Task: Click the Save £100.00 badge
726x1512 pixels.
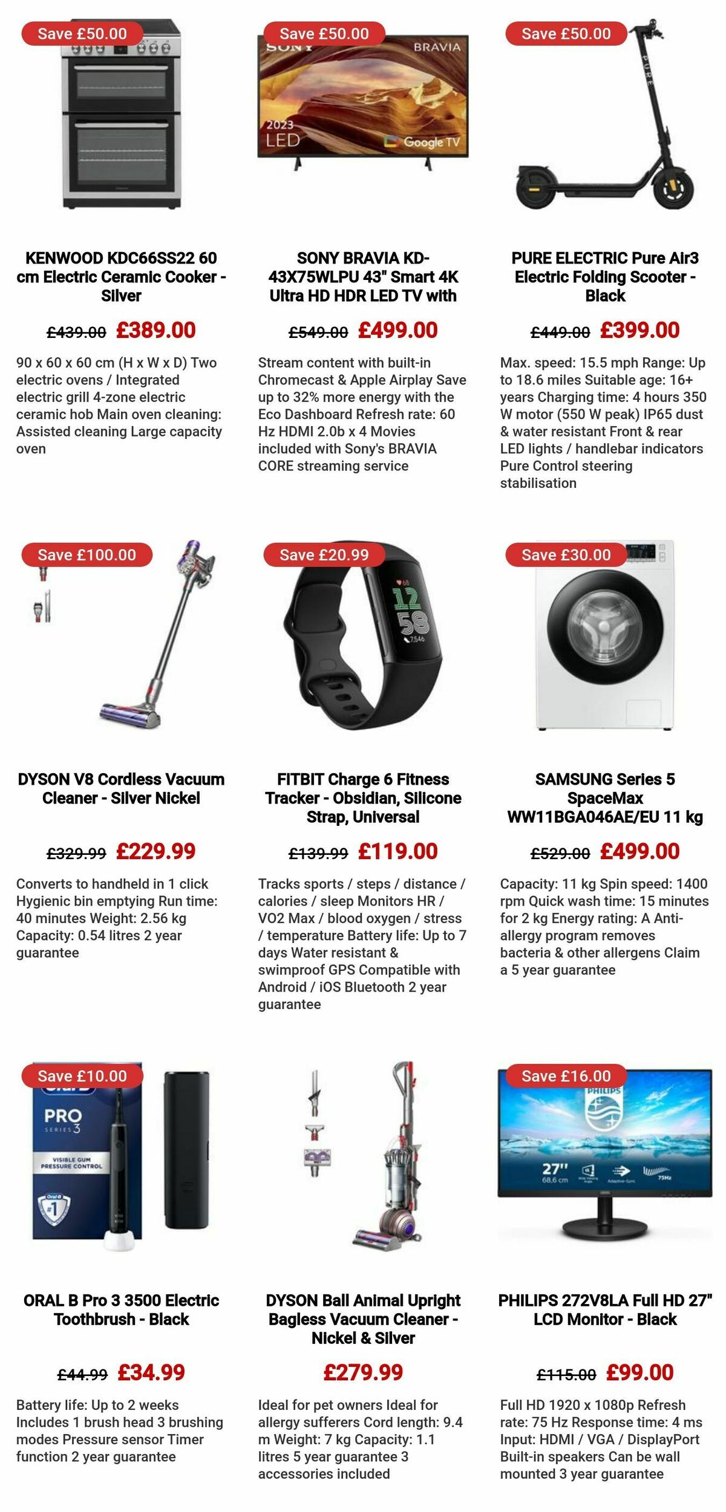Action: [x=87, y=555]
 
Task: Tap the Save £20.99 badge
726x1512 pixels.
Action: [x=324, y=555]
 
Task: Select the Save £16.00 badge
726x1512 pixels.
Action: [x=566, y=1076]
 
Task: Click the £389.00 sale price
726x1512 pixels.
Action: [x=156, y=330]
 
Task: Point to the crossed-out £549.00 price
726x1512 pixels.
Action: [x=318, y=332]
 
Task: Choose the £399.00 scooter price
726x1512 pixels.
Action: [x=639, y=330]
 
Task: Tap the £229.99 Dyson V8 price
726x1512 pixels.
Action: [x=156, y=851]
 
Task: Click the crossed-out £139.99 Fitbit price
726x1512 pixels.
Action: [x=318, y=853]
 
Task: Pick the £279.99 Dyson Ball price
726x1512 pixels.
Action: [x=363, y=1372]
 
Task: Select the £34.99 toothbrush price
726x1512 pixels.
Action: [x=151, y=1372]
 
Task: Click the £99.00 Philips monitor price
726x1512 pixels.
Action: [x=639, y=1372]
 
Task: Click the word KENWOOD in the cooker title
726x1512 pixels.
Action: [x=64, y=258]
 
